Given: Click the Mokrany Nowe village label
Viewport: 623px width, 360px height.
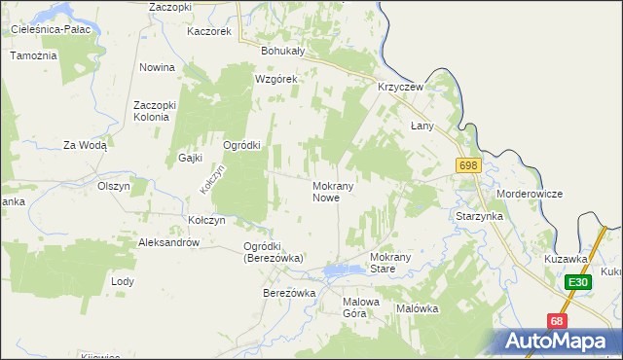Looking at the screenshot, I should [x=338, y=191].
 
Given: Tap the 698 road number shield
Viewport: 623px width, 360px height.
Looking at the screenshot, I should [x=467, y=166].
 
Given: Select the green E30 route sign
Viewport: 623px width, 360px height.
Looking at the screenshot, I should [x=579, y=282].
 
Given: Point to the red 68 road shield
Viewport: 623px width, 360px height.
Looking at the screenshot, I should [x=556, y=320].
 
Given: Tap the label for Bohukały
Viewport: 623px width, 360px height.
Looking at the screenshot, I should [x=283, y=51].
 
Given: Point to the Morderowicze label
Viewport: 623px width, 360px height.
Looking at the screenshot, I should [x=530, y=194].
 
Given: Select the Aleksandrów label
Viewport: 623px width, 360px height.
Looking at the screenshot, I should [x=169, y=242].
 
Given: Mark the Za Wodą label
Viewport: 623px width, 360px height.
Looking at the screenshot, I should [x=85, y=145].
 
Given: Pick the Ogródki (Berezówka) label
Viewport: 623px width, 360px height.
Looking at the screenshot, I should [x=273, y=252].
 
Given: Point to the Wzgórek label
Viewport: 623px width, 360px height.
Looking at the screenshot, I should [x=275, y=79].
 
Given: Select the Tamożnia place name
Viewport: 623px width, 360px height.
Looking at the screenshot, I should [x=34, y=55].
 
